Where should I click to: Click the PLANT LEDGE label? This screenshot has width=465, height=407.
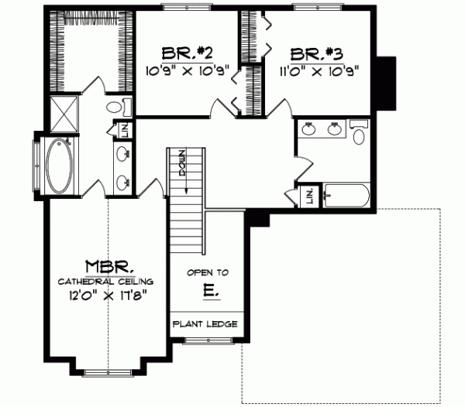(205, 324)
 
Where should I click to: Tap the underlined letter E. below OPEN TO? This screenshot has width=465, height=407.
(208, 292)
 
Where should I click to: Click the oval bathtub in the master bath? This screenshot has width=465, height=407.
(56, 166)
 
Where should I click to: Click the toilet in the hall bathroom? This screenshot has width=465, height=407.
(359, 135)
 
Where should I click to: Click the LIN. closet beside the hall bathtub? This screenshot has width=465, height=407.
(308, 197)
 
